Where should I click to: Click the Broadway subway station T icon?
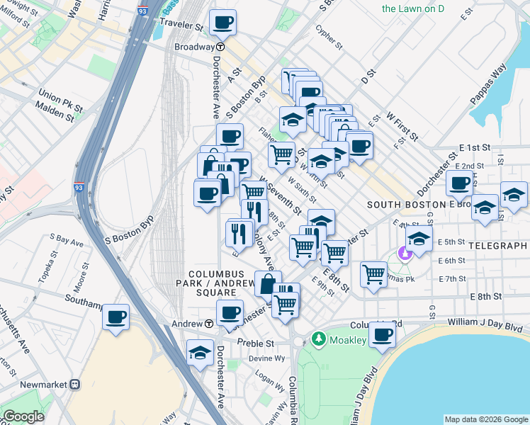[220, 47]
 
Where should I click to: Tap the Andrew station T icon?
[210, 324]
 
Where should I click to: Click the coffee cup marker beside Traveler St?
[222, 23]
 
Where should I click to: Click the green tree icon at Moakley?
[318, 340]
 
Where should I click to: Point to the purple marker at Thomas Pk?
[405, 251]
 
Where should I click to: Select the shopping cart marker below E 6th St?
[373, 274]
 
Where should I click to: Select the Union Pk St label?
[58, 95]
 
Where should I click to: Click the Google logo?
[24, 416]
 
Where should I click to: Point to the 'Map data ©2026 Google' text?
[485, 419]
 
